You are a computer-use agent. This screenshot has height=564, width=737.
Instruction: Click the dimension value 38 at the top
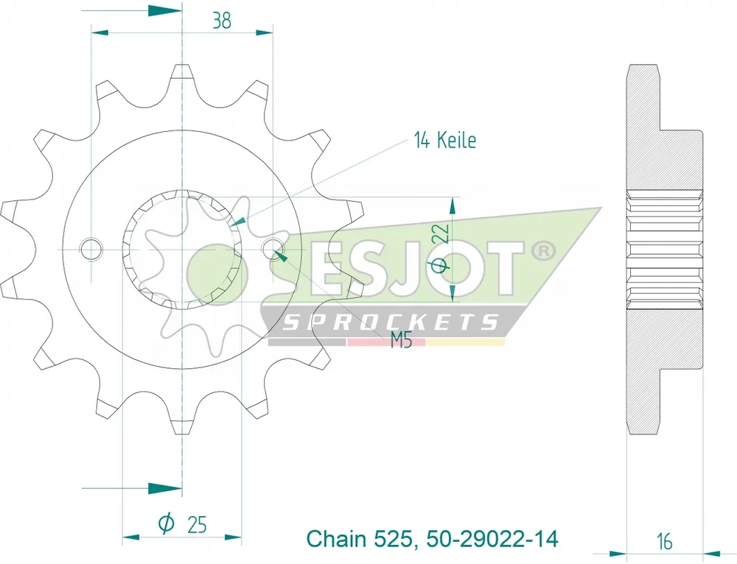221,21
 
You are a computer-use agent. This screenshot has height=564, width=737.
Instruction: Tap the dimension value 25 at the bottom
197,524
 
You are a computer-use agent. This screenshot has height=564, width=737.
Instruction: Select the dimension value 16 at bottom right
665,541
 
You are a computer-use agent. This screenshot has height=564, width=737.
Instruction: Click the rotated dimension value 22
441,233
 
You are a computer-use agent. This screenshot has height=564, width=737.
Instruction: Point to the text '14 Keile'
444,140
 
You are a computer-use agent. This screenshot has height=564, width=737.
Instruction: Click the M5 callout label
401,340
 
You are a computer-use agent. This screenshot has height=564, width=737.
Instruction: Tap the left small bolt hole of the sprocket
91,249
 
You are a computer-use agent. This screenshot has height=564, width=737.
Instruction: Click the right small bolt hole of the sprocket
273,249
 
